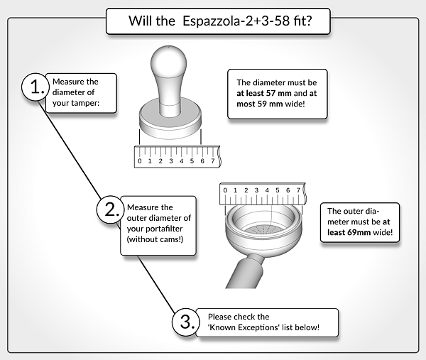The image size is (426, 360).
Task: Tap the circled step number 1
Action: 35,87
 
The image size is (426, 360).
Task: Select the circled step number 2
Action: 111,209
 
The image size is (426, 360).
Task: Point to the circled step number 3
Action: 186,322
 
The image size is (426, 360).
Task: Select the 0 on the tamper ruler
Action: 140,161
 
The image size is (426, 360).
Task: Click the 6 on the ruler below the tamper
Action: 202,161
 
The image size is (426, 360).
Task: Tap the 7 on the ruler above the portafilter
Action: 298,190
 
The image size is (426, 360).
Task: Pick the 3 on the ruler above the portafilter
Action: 256,190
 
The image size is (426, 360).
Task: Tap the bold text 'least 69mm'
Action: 349,233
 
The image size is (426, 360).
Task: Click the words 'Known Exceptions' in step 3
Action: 244,327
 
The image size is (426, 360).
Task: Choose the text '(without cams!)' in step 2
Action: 155,239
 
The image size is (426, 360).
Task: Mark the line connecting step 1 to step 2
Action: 70,149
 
